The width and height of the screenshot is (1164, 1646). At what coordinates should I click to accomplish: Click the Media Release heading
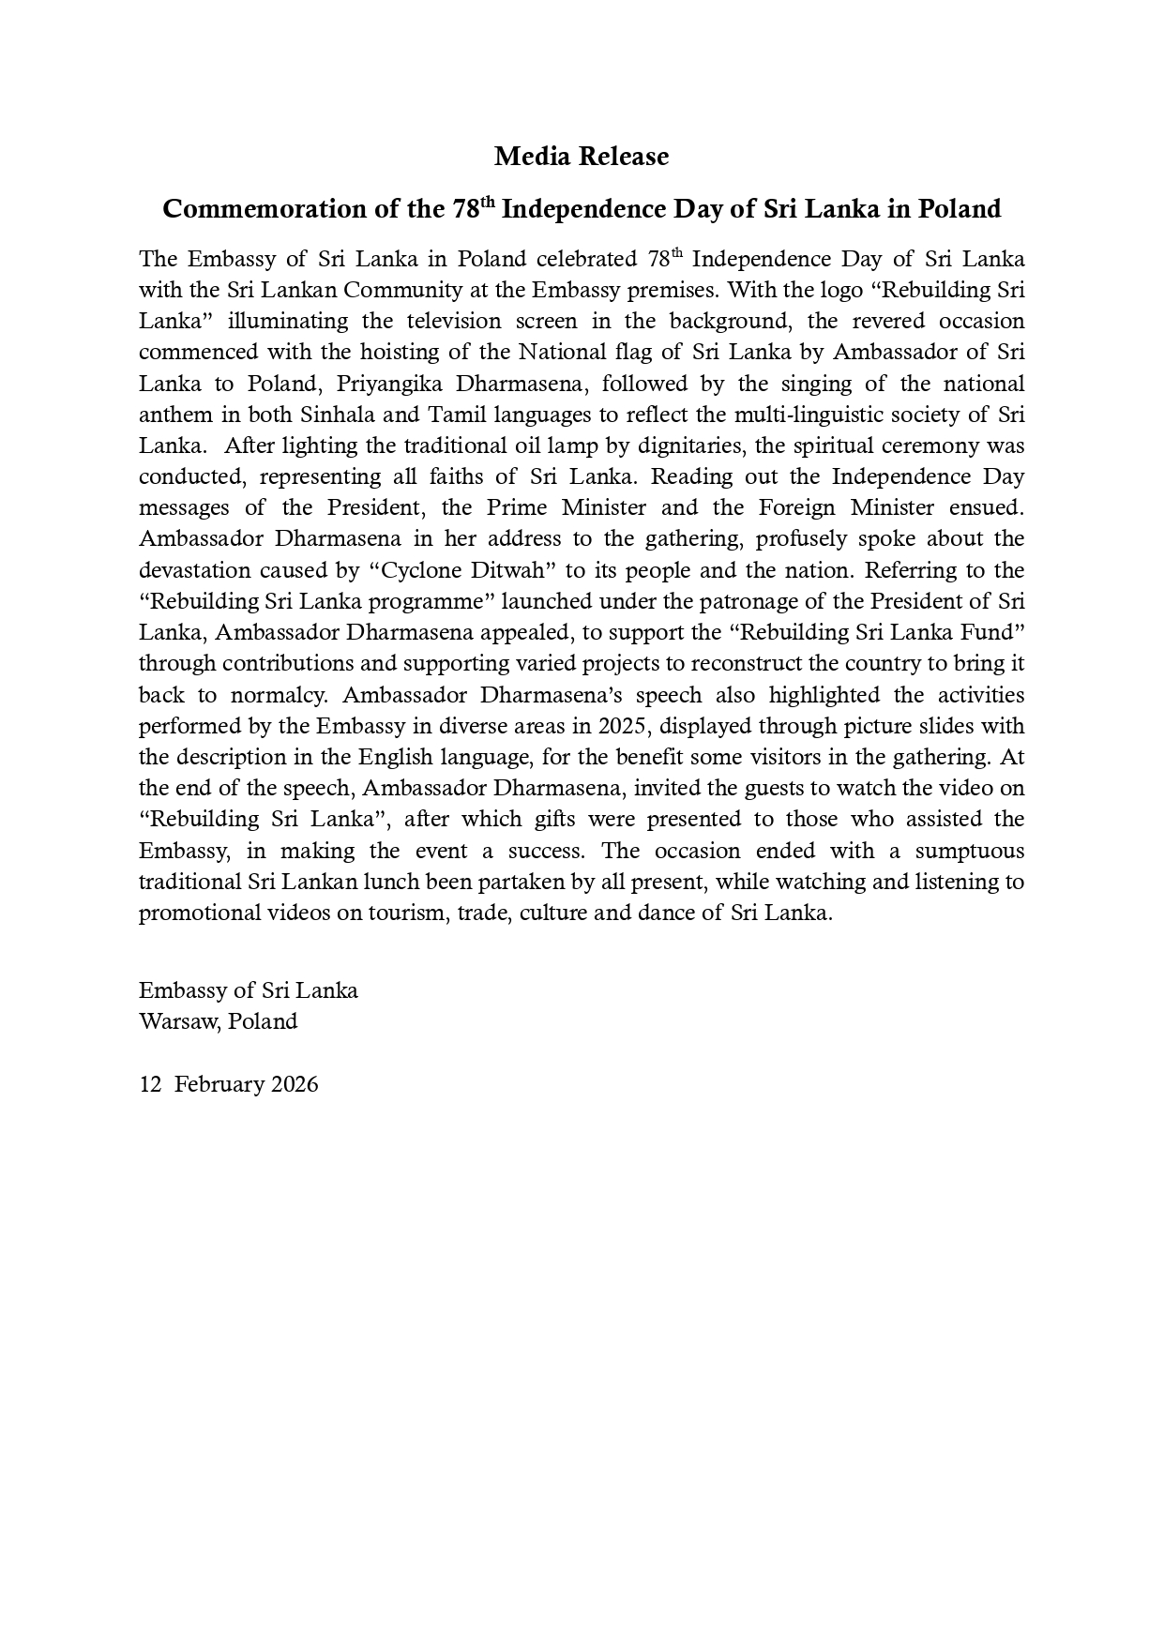582,157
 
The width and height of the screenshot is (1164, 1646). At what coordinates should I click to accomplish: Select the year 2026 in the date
295,1084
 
